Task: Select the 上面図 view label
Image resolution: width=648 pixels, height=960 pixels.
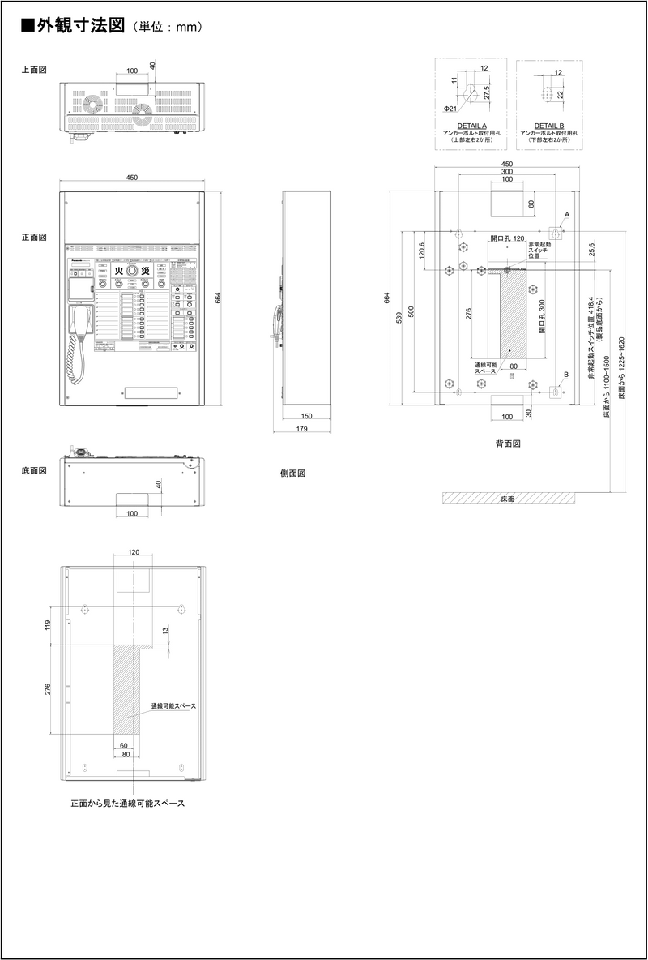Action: click(x=33, y=71)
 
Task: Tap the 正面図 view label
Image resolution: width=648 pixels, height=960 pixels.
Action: click(x=33, y=238)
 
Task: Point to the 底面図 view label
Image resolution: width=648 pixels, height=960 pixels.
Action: click(x=33, y=470)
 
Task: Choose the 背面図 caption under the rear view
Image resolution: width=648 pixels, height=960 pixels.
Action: click(x=507, y=444)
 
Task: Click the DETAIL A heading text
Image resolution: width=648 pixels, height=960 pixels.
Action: click(x=471, y=126)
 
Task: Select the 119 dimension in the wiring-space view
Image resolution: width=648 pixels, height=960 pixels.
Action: click(x=48, y=624)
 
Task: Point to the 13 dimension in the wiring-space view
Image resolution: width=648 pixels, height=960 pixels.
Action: click(x=166, y=631)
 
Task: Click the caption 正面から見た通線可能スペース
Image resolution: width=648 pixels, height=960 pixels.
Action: click(x=127, y=804)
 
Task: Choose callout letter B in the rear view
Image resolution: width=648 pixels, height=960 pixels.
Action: click(x=566, y=374)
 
